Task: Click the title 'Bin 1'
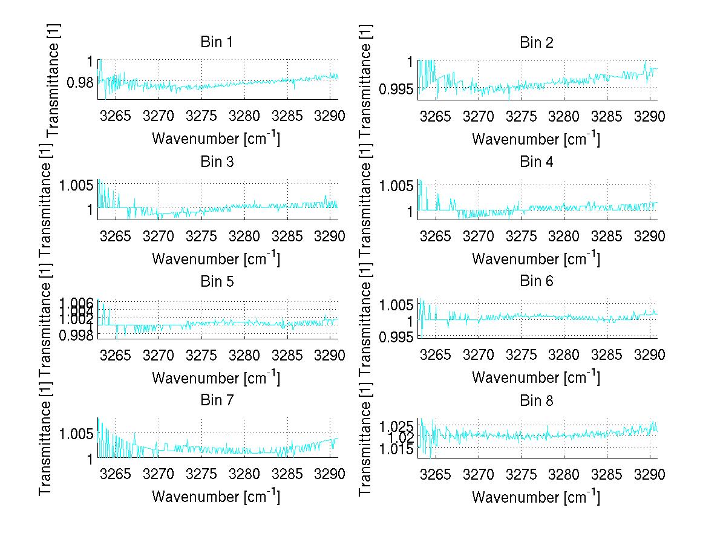[x=217, y=42]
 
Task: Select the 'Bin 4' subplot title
[x=537, y=162]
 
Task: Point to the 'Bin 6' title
[x=537, y=281]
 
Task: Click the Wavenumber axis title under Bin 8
[x=536, y=497]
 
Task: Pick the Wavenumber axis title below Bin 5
[x=216, y=378]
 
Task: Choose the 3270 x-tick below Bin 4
[x=479, y=235]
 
